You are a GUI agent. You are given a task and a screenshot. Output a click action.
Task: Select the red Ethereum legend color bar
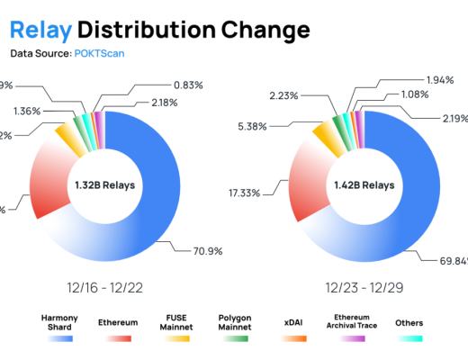click(119, 338)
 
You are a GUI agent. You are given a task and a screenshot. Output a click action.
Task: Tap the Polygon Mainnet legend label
click(235, 322)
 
